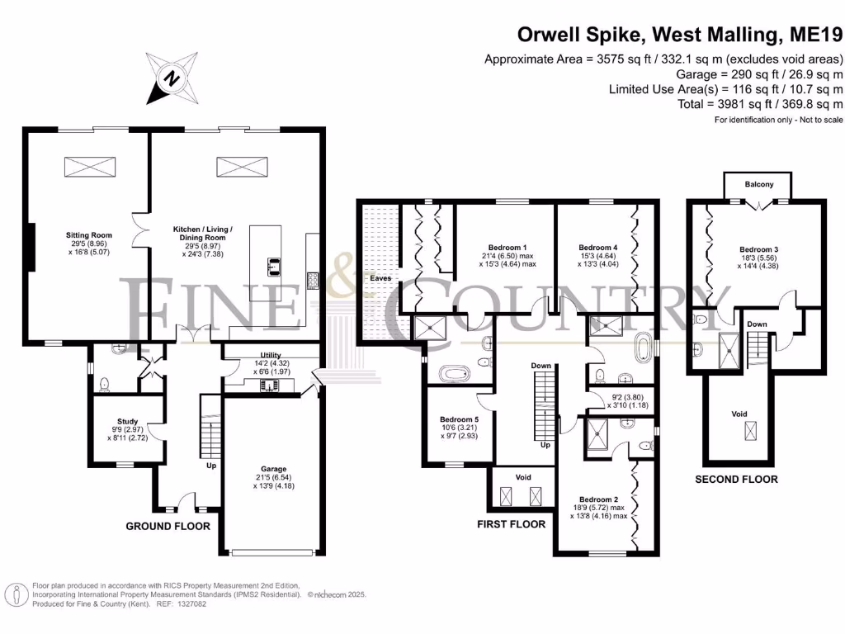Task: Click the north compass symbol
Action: point(172,78)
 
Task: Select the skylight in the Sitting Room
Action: point(90,167)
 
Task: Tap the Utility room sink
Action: point(268,386)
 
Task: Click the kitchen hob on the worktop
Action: point(313,281)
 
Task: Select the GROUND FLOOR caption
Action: point(168,526)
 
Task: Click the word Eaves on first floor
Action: point(380,278)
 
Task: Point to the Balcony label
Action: point(759,184)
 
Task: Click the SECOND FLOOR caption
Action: point(736,480)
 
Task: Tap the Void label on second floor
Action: point(739,414)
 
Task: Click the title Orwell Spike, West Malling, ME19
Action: point(680,35)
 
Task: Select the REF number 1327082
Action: point(191,604)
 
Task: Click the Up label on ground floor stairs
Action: point(211,466)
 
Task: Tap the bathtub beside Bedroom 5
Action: point(455,373)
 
